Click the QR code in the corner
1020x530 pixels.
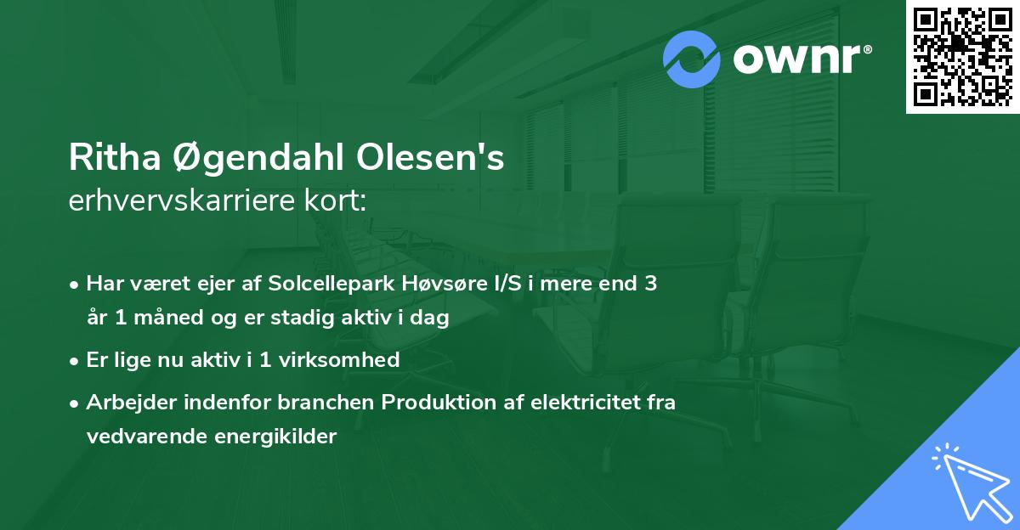click(x=962, y=57)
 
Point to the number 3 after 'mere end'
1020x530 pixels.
click(x=649, y=284)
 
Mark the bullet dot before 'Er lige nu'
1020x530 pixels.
click(x=76, y=360)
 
